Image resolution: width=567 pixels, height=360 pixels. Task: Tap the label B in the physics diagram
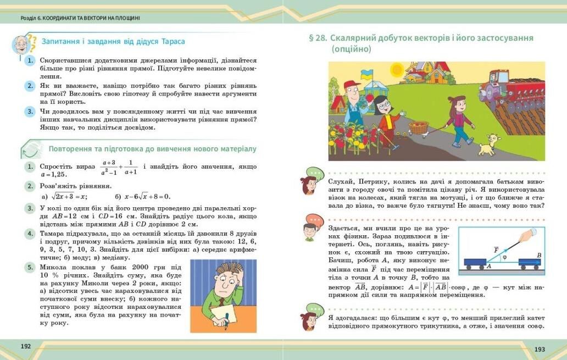click(539, 256)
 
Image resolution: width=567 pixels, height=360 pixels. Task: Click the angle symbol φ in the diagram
click(504, 257)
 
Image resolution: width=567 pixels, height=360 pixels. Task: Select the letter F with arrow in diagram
click(496, 250)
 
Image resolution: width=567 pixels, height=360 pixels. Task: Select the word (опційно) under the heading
click(352, 49)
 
